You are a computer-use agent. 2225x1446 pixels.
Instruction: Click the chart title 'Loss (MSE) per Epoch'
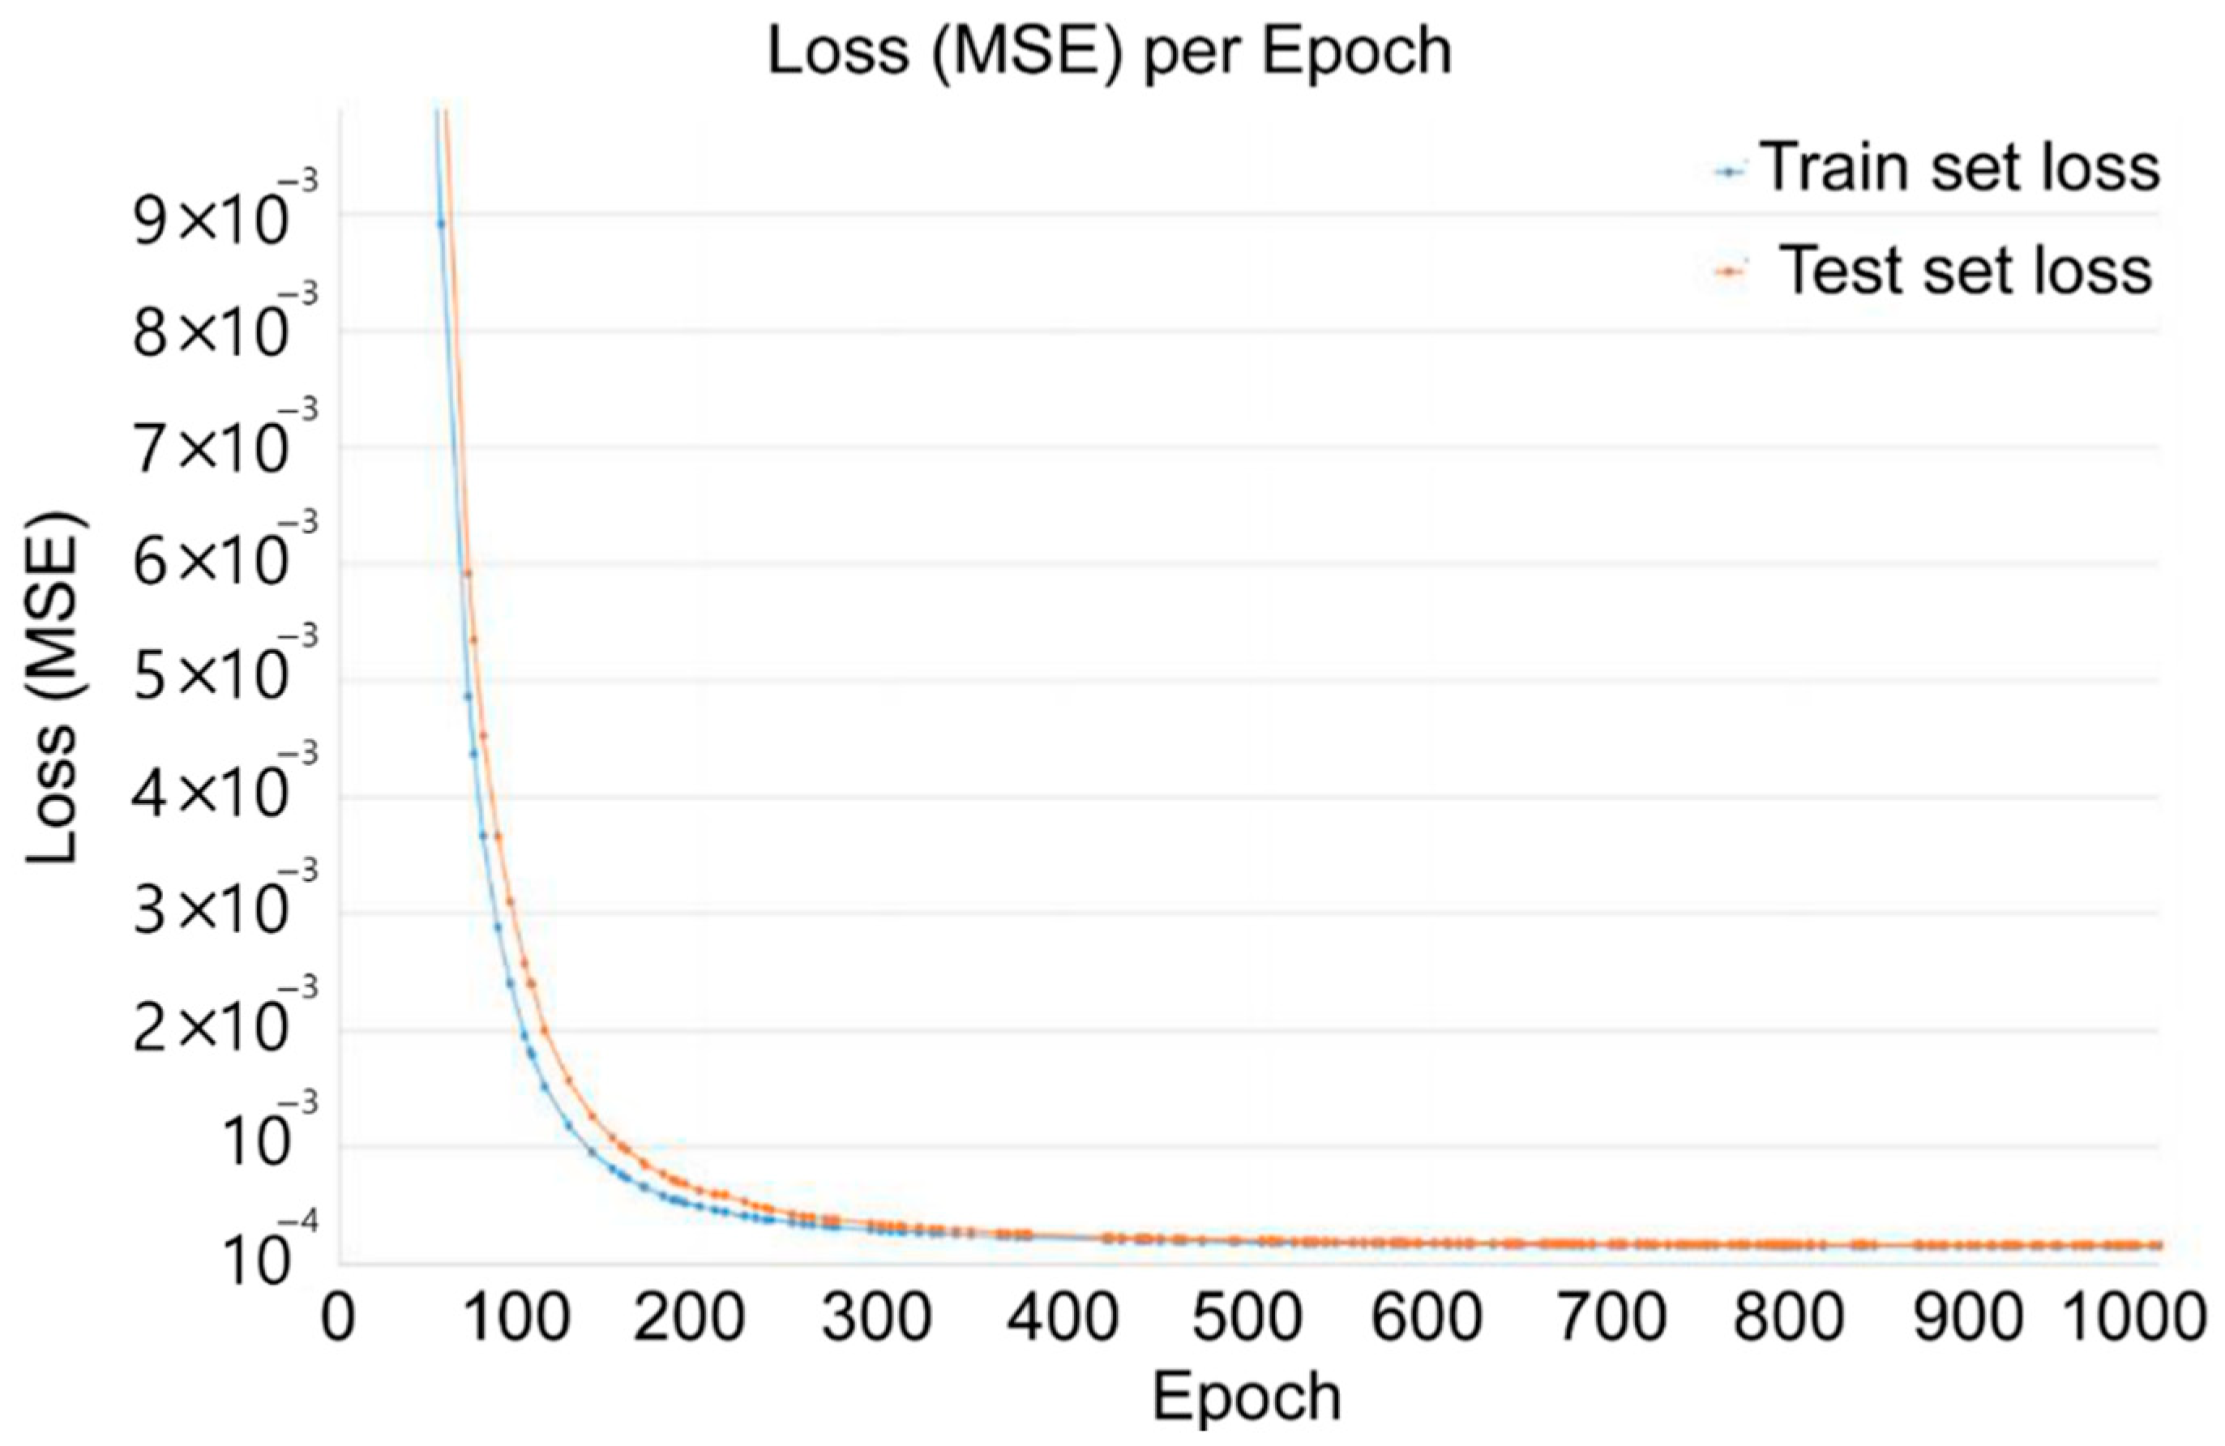1110,51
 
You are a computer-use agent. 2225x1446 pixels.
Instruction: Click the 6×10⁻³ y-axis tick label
225,563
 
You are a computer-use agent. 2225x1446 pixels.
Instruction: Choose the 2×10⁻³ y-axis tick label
225,1029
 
